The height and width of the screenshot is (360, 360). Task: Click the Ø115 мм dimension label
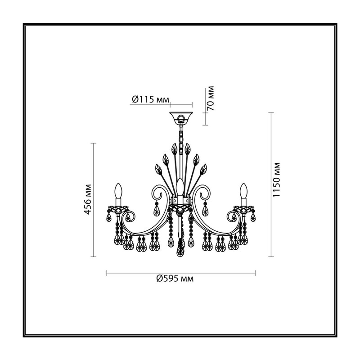pos(151,99)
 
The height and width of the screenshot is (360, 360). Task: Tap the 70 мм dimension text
pos(210,99)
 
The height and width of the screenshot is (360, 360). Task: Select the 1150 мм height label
pos(276,180)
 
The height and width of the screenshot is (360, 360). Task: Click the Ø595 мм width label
pos(175,279)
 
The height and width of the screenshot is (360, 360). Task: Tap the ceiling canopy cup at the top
pos(181,117)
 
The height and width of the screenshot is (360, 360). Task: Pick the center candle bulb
pos(180,186)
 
